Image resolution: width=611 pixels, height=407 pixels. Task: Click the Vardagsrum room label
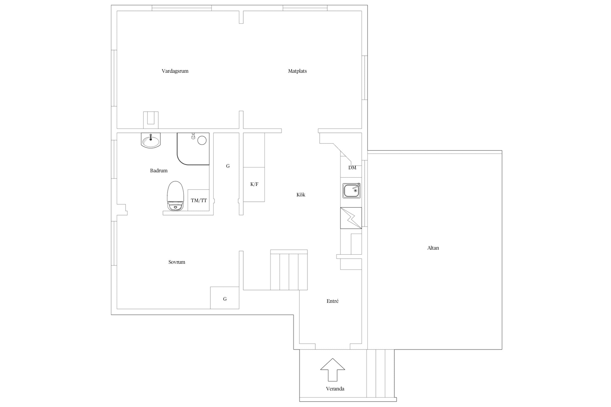[175, 71]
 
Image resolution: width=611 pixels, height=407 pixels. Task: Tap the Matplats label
[297, 71]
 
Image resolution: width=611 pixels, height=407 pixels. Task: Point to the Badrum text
[159, 171]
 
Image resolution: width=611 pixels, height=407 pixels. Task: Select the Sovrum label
[177, 262]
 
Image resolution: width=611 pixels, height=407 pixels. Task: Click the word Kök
[301, 195]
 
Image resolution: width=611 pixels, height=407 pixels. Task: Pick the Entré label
[332, 301]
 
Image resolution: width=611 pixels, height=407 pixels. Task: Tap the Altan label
[433, 248]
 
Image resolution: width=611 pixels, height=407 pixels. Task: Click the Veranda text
[335, 389]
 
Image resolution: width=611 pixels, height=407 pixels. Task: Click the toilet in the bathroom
[175, 196]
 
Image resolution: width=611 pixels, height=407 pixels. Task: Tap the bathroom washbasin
[151, 140]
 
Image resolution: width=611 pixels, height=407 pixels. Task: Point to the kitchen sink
[352, 190]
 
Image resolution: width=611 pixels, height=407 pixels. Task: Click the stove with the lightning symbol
[351, 218]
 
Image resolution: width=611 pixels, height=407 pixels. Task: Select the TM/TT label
[199, 201]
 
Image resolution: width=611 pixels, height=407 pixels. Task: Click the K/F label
[254, 185]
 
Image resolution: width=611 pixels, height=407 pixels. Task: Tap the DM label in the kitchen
[352, 168]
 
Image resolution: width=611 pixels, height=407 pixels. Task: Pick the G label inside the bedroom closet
[225, 299]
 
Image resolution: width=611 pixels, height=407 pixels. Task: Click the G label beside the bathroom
[228, 166]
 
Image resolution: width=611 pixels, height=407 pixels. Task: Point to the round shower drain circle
[202, 140]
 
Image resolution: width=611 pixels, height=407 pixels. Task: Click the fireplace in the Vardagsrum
[151, 120]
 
